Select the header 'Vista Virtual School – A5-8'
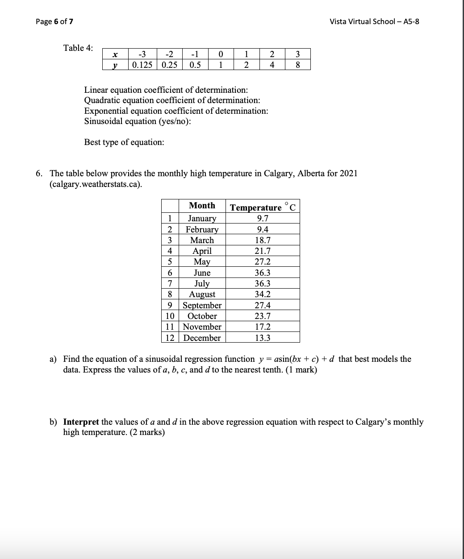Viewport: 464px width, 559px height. pos(374,21)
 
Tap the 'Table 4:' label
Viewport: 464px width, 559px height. pos(78,48)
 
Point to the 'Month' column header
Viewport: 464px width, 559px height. pos(202,206)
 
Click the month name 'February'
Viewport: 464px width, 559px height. pos(202,229)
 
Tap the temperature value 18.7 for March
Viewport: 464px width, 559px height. pos(262,240)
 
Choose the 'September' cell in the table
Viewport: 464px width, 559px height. pos(202,306)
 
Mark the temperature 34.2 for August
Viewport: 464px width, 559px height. pos(262,294)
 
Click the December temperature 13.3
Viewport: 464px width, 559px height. pos(262,338)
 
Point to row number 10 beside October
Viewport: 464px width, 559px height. pos(170,316)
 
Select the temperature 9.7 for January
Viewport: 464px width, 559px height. pos(262,219)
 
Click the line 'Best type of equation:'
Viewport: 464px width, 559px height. pos(124,142)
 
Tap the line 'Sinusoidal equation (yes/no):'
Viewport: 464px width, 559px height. pos(138,121)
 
